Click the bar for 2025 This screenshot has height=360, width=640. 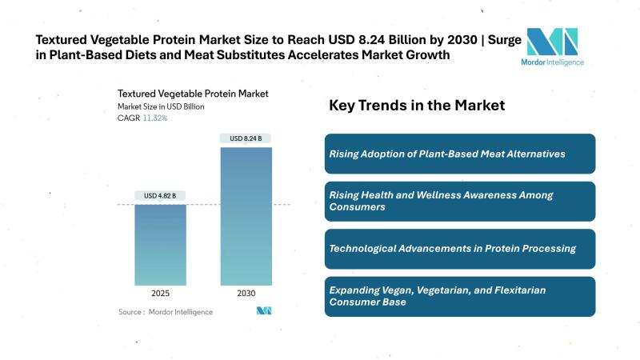click(x=160, y=246)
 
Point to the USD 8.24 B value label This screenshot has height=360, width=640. click(x=246, y=138)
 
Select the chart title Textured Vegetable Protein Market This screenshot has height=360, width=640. click(x=183, y=93)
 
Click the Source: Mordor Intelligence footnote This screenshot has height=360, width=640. click(x=166, y=311)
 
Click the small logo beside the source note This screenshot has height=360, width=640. click(x=265, y=310)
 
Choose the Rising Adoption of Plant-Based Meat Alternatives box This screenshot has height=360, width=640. click(x=460, y=154)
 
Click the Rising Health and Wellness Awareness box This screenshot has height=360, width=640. click(x=460, y=201)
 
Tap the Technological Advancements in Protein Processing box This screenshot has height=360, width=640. click(x=460, y=249)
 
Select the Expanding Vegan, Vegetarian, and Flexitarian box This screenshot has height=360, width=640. click(x=460, y=296)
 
